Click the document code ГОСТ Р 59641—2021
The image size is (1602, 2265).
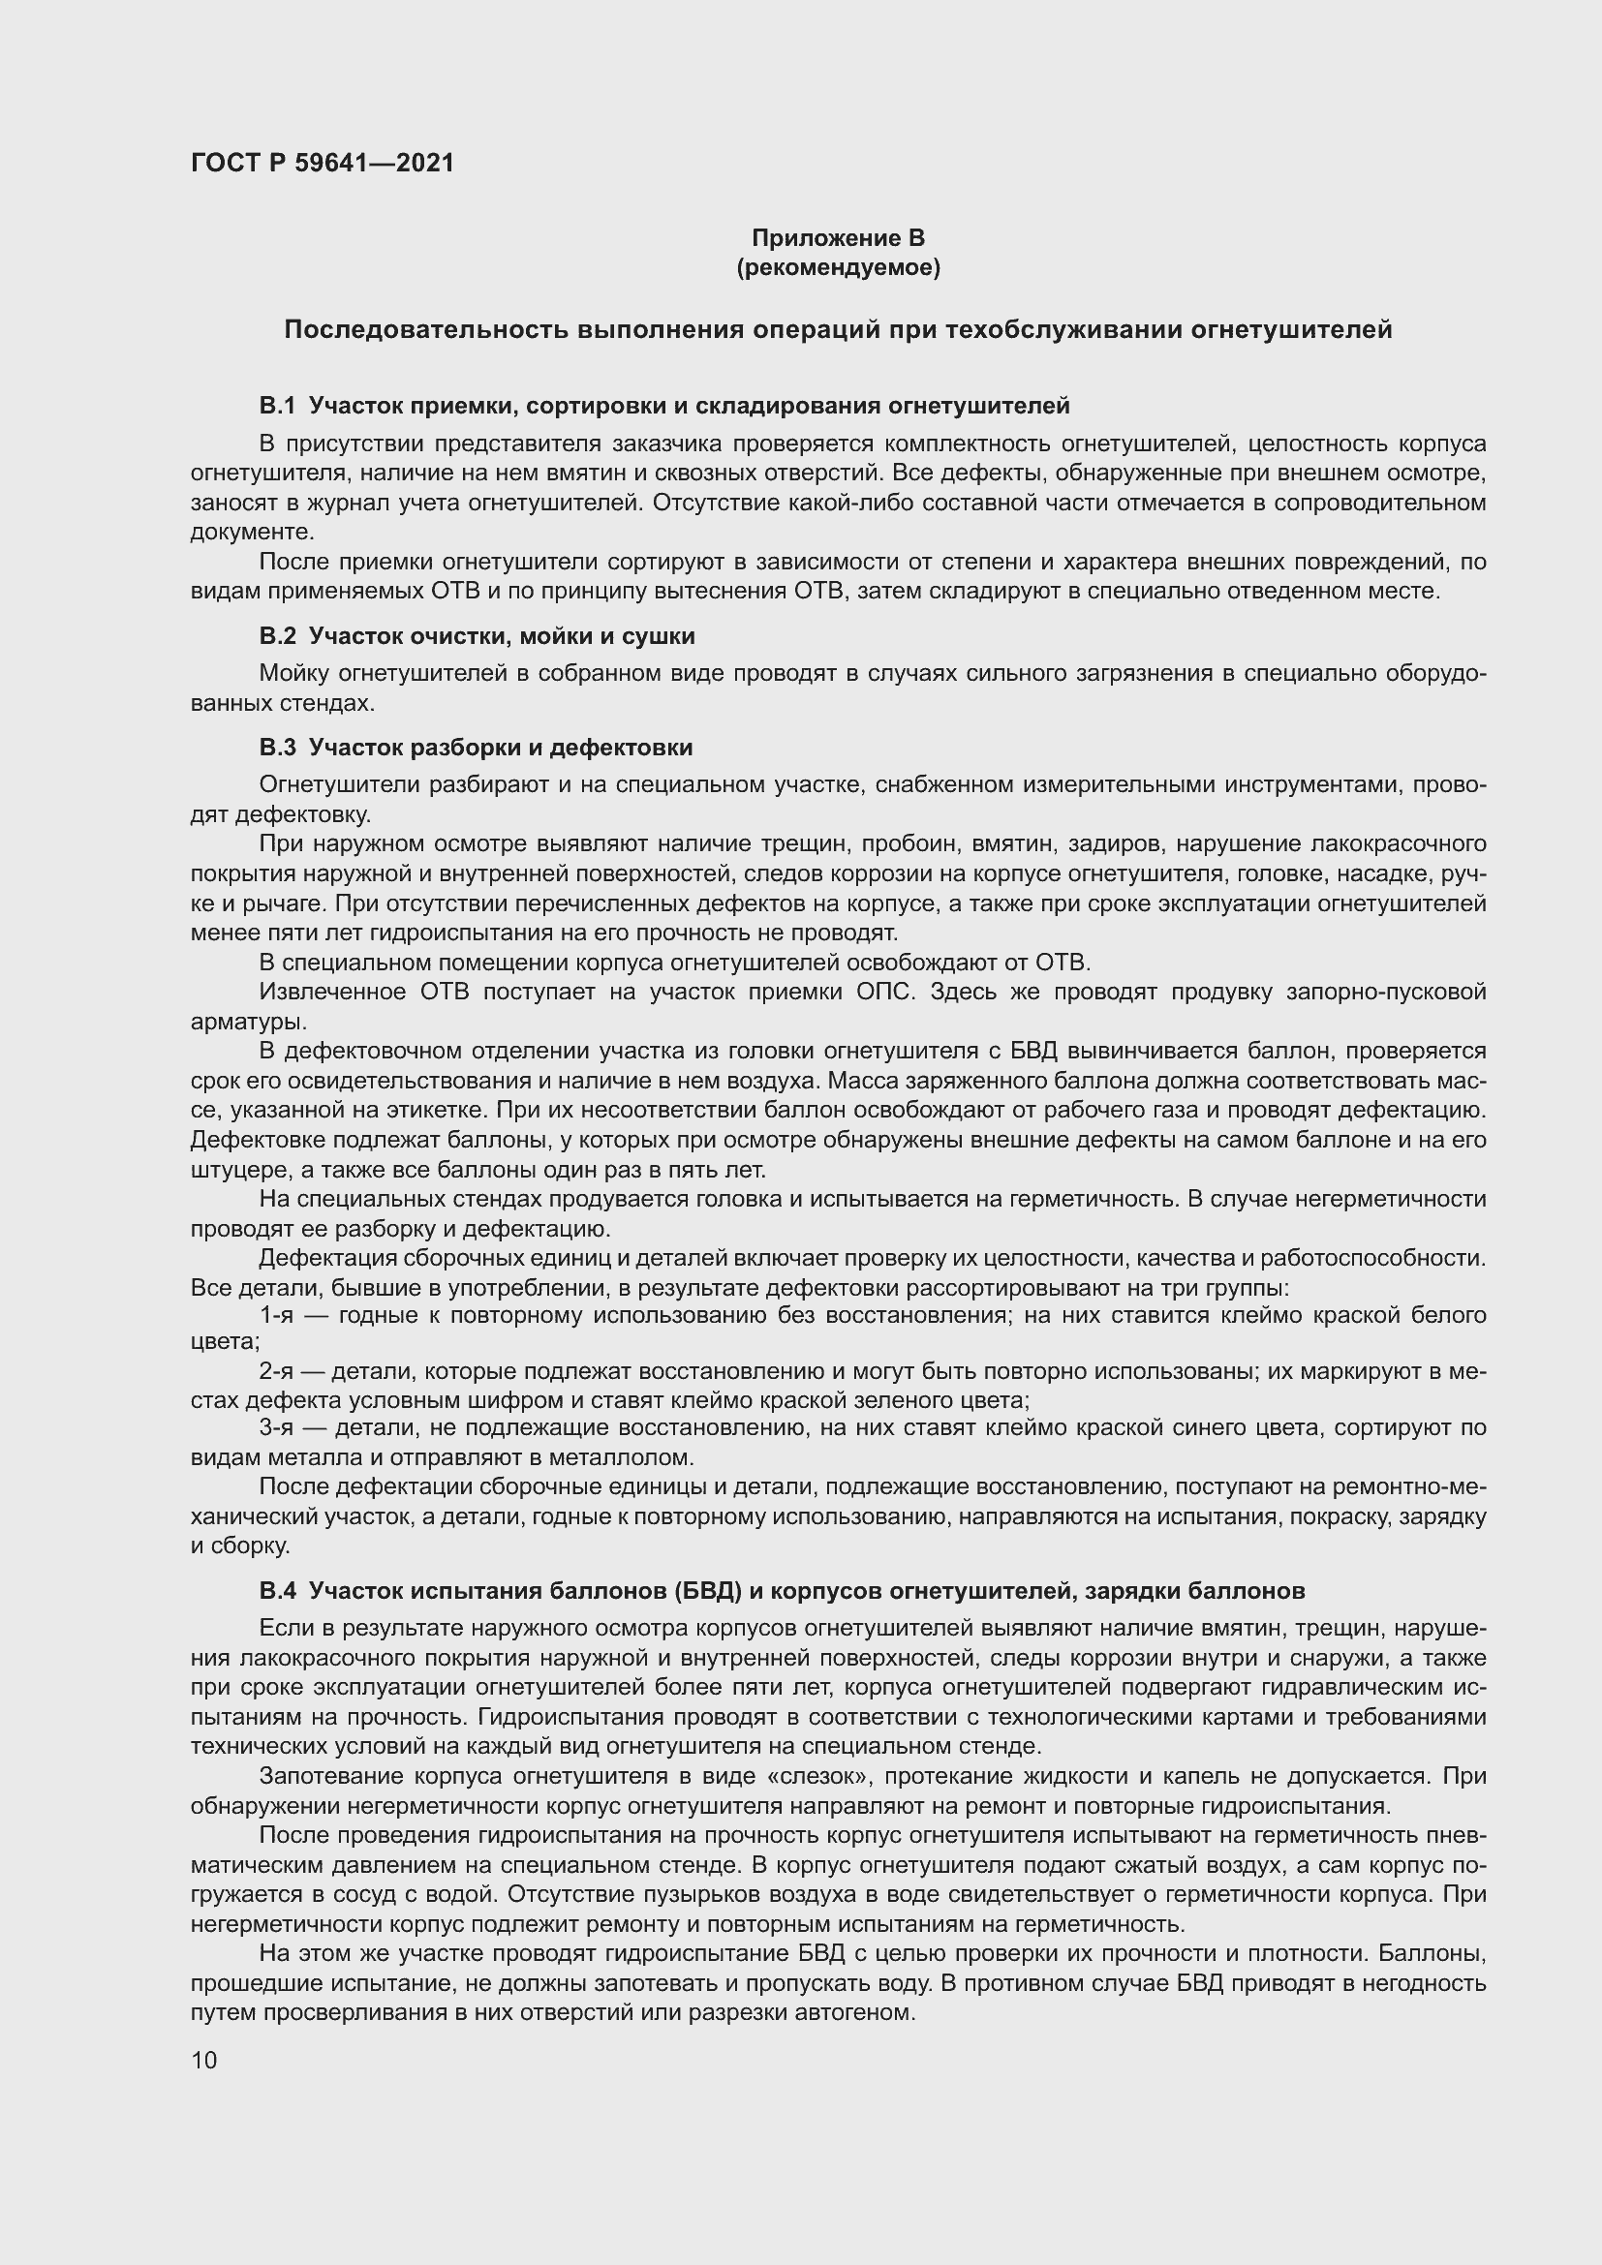point(323,163)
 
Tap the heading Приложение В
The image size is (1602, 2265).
point(838,238)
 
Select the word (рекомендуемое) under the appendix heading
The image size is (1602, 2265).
point(838,267)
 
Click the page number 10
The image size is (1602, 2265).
point(204,2060)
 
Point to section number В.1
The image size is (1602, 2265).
point(277,406)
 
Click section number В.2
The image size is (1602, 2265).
point(277,636)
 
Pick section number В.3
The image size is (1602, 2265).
point(277,748)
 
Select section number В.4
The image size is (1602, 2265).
point(277,1590)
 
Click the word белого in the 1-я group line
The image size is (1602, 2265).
point(1449,1315)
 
